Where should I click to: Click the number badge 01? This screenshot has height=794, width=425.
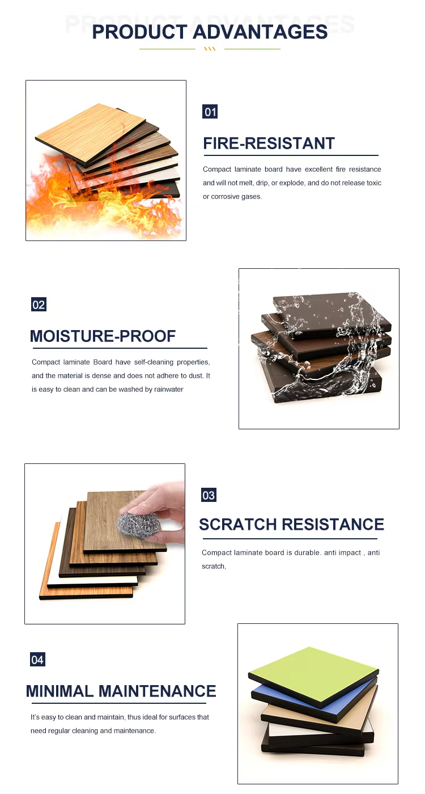click(210, 112)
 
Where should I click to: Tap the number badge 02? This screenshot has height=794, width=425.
click(39, 305)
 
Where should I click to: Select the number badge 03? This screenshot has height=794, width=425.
click(209, 495)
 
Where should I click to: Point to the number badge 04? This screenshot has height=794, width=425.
click(37, 659)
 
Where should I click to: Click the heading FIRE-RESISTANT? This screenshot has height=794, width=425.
click(269, 143)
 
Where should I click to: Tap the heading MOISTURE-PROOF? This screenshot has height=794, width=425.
click(103, 336)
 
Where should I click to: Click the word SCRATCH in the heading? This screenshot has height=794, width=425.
click(237, 524)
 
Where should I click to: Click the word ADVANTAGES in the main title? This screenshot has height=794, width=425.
click(260, 32)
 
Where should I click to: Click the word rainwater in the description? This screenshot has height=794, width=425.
click(169, 389)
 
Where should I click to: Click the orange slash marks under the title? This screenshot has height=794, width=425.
click(210, 49)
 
